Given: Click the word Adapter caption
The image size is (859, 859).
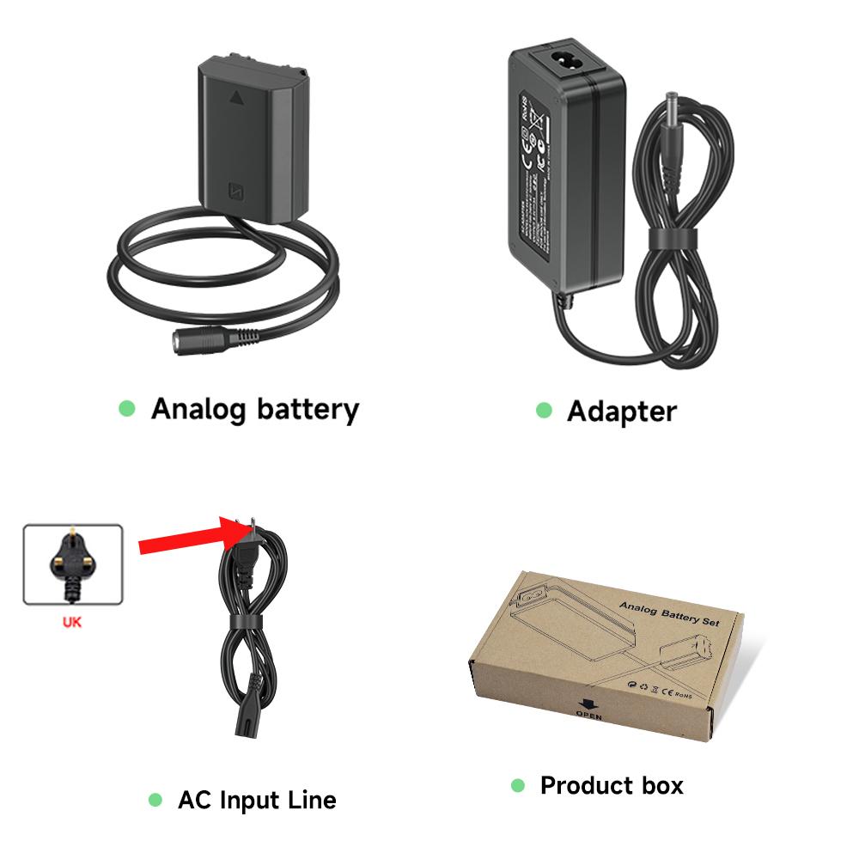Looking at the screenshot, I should (x=621, y=411).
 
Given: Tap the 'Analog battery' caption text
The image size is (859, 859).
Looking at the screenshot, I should (x=254, y=409).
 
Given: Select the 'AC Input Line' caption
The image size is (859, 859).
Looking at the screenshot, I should (x=257, y=801).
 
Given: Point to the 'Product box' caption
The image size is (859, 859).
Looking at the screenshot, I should (x=612, y=785).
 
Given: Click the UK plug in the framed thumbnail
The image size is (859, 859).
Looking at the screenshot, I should (x=72, y=564).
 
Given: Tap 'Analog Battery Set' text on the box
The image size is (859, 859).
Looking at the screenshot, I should (x=669, y=613).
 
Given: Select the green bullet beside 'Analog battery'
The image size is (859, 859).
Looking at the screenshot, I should (x=127, y=409).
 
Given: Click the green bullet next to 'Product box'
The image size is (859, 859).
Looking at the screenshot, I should (x=517, y=785).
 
